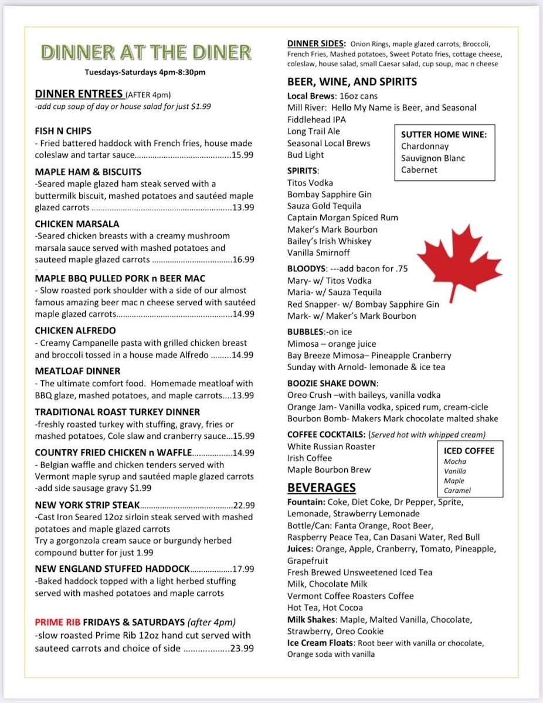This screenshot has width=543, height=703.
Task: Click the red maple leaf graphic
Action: tap(460, 262)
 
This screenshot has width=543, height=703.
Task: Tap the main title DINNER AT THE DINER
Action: tap(146, 53)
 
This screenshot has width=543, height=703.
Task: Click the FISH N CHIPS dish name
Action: tap(63, 131)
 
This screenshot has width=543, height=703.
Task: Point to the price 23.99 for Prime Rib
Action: tap(242, 649)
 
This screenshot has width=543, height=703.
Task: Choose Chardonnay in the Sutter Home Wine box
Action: tap(425, 146)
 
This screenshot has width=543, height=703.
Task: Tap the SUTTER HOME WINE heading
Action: tap(444, 134)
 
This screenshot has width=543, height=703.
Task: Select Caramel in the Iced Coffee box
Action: tap(457, 490)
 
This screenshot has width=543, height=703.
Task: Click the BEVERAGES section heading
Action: tap(321, 488)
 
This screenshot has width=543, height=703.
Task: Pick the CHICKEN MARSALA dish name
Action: tap(77, 224)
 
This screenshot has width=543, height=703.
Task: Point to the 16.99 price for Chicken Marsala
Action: tap(243, 260)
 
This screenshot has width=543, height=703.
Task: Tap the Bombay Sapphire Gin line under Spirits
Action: tap(330, 194)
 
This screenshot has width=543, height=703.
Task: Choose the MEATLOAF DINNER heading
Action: tap(77, 371)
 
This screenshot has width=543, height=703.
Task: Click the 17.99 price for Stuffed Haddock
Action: tap(243, 569)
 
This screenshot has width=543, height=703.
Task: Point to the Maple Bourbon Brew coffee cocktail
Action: tap(329, 470)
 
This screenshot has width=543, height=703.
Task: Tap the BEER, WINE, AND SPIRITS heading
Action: tap(352, 81)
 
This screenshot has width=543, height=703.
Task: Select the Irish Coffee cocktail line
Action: tap(310, 458)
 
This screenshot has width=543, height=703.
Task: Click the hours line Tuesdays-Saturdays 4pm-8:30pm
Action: tap(145, 73)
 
